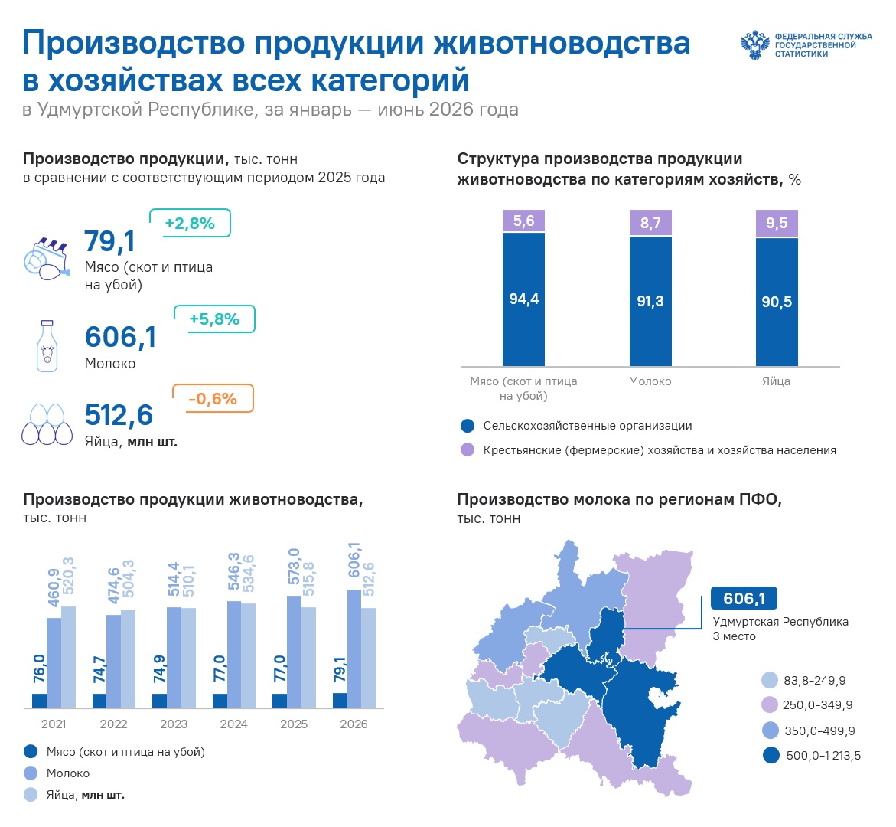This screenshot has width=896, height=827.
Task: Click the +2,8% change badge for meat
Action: pyautogui.click(x=190, y=223)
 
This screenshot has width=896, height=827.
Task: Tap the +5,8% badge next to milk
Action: pyautogui.click(x=214, y=319)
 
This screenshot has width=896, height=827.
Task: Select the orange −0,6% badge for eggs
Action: pyautogui.click(x=213, y=399)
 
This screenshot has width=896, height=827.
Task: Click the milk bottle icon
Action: pyautogui.click(x=47, y=346)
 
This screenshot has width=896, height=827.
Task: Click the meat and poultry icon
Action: pyautogui.click(x=47, y=260)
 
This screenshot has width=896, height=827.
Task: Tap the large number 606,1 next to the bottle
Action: pyautogui.click(x=121, y=336)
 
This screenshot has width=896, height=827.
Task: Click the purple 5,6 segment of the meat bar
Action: pyautogui.click(x=523, y=221)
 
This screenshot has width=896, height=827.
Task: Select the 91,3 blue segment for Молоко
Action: pyautogui.click(x=650, y=301)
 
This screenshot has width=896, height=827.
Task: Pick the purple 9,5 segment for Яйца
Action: pyautogui.click(x=777, y=223)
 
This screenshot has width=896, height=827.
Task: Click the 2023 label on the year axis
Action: pyautogui.click(x=174, y=724)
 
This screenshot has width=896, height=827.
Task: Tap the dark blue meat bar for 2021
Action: pyautogui.click(x=40, y=701)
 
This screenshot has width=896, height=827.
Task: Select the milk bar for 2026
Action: pyautogui.click(x=354, y=649)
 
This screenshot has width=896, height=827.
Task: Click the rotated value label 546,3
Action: pyautogui.click(x=233, y=574)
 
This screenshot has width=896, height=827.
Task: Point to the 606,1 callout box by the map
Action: pyautogui.click(x=744, y=598)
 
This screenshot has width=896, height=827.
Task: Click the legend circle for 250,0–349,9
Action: pyautogui.click(x=770, y=704)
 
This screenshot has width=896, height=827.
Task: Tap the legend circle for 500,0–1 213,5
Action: pyautogui.click(x=771, y=755)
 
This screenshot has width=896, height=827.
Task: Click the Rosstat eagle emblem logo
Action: pyautogui.click(x=755, y=44)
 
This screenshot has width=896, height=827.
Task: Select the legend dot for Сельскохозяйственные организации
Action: pyautogui.click(x=468, y=426)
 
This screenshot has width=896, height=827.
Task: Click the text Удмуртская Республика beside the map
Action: pyautogui.click(x=780, y=622)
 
